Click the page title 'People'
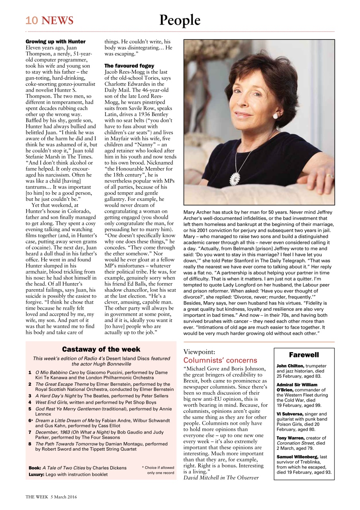pyautogui.click(x=180, y=20)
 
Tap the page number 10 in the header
pyautogui.click(x=31, y=20)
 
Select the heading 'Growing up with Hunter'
pyautogui.click(x=55, y=41)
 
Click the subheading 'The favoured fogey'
pyautogui.click(x=129, y=65)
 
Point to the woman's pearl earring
pyautogui.click(x=274, y=116)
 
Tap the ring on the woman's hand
pyautogui.click(x=329, y=175)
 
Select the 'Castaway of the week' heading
pyautogui.click(x=101, y=349)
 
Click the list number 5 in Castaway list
pyautogui.click(x=30, y=409)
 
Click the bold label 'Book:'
pyautogui.click(x=35, y=468)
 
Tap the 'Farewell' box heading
pyautogui.click(x=304, y=355)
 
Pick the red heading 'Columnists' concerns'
pyautogui.click(x=220, y=360)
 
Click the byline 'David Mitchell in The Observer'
pyautogui.click(x=221, y=477)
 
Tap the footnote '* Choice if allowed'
pyautogui.click(x=158, y=467)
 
